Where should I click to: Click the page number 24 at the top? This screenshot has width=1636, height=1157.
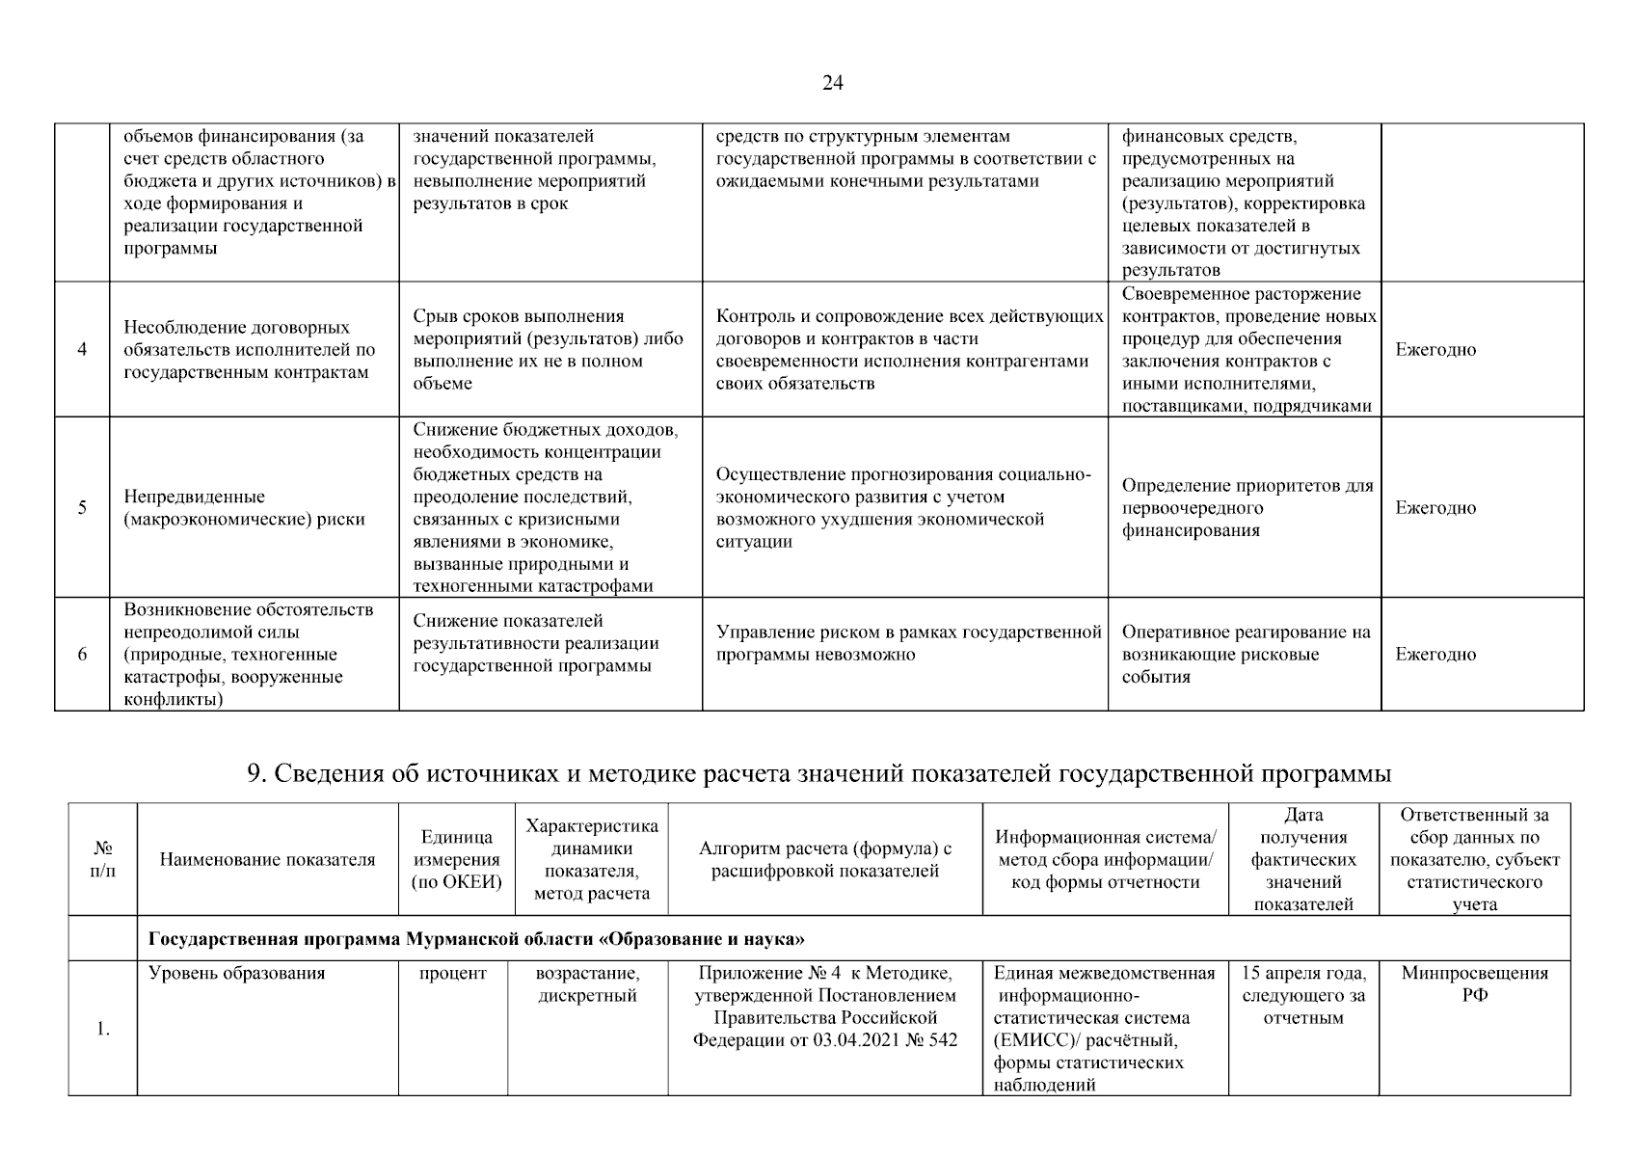832,84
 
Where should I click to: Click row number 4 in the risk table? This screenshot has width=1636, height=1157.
82,350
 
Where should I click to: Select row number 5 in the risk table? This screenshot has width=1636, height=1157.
82,508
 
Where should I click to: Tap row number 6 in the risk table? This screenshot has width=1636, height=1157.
82,655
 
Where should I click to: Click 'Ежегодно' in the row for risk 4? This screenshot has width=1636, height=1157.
1435,350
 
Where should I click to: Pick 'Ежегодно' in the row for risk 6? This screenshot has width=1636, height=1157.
1435,655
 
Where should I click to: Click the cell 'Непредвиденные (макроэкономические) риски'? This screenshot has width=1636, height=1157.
245,508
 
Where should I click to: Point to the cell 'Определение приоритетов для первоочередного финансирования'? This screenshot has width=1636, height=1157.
1247,508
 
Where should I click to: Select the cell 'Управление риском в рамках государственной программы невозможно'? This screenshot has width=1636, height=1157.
907,644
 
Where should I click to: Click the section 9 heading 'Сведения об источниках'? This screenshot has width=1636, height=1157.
819,774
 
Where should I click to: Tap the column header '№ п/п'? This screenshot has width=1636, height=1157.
103,859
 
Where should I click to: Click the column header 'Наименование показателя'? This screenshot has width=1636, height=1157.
267,859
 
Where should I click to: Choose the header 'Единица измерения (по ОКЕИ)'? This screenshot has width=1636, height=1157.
456,859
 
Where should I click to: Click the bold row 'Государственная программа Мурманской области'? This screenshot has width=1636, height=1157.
476,939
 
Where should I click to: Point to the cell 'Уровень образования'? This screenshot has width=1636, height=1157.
237,973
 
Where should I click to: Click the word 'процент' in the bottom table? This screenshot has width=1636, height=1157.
453,973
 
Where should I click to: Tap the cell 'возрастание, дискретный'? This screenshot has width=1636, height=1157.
587,984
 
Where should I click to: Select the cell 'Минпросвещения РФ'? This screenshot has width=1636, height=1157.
1474,984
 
